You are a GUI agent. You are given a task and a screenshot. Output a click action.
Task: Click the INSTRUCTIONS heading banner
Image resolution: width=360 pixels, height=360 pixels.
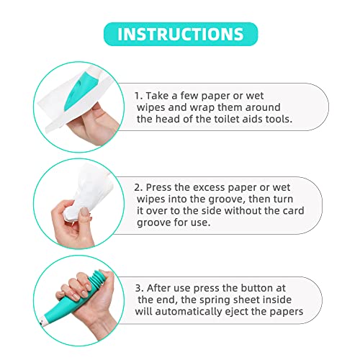(x=179, y=35)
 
